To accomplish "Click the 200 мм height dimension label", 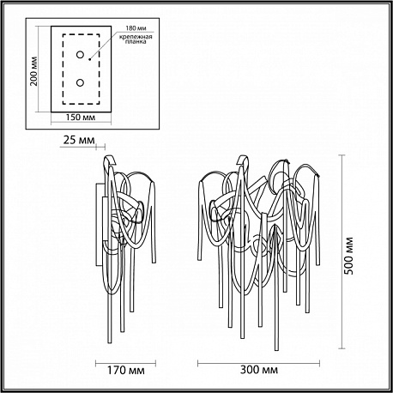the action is (x=34, y=70).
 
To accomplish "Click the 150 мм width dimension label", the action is (x=81, y=118).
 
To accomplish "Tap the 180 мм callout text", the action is (x=136, y=28).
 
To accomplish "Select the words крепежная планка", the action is (x=136, y=39).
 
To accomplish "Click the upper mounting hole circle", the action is (x=80, y=54).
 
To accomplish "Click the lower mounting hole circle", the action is (x=80, y=82).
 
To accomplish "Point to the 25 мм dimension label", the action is (x=78, y=140).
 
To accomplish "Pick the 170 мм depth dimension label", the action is (x=126, y=370).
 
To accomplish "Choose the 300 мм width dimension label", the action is (x=259, y=370).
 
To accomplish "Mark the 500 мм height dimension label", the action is (x=348, y=256).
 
